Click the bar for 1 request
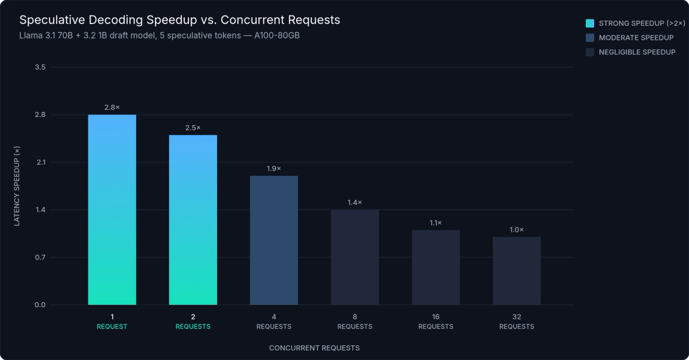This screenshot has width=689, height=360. click(112, 210)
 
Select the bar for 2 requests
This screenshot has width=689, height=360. click(193, 220)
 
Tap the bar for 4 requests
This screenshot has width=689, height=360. click(274, 240)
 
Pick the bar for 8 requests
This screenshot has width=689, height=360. click(355, 257)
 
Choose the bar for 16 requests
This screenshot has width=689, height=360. click(436, 268)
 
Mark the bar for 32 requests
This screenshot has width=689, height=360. click(517, 271)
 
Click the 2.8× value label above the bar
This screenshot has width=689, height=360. click(112, 107)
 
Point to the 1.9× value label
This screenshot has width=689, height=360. click(274, 168)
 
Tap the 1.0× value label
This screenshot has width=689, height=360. click(517, 230)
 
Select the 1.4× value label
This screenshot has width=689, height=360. click(355, 202)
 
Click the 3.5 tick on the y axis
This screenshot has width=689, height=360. click(40, 67)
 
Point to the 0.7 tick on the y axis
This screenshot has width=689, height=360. click(40, 257)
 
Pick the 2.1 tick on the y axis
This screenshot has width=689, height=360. click(40, 162)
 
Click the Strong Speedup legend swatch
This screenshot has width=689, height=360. click(590, 24)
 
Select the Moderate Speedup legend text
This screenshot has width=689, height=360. click(636, 38)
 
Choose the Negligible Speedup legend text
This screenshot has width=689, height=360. click(637, 52)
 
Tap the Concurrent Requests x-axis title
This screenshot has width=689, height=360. click(314, 348)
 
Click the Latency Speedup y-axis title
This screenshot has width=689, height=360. click(17, 186)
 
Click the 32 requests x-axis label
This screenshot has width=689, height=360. click(517, 322)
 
